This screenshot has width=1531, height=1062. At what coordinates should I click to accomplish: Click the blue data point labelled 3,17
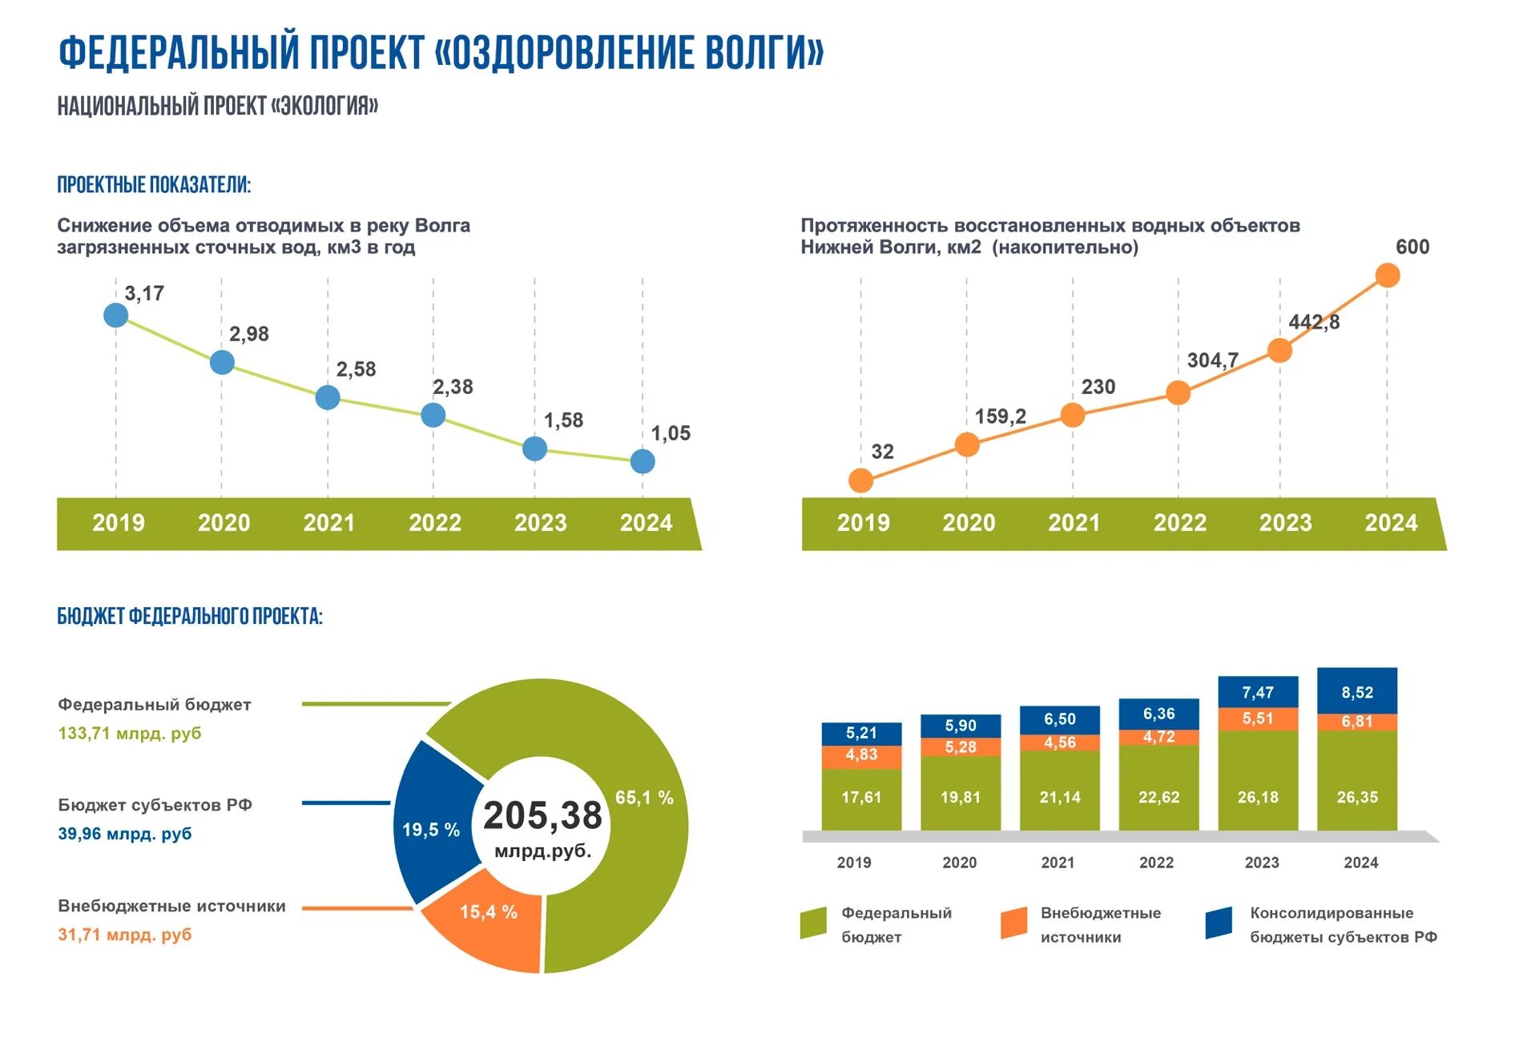click(x=115, y=315)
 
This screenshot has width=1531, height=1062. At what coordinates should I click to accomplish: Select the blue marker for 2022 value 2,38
click(x=433, y=415)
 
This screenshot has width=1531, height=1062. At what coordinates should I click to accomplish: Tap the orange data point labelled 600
click(x=1387, y=276)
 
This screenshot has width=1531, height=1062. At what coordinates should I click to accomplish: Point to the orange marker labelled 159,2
click(x=967, y=445)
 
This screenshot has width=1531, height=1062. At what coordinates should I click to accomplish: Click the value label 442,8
click(x=1313, y=322)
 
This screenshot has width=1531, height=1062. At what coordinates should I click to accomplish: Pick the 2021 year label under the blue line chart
click(x=328, y=523)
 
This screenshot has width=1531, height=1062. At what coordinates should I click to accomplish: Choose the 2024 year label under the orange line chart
click(x=1391, y=523)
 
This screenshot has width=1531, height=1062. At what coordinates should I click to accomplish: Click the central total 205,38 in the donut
click(x=542, y=815)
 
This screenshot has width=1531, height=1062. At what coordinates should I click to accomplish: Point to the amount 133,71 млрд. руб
click(x=130, y=733)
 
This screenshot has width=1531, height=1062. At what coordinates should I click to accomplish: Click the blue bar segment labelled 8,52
click(x=1356, y=691)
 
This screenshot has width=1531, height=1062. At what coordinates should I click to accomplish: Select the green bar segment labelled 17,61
click(x=861, y=798)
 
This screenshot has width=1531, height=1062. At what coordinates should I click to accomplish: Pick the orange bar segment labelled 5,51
click(x=1257, y=718)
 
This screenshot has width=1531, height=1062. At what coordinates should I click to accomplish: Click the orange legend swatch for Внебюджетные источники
click(x=1013, y=923)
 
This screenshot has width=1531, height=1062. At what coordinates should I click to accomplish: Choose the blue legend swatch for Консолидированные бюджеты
click(x=1218, y=923)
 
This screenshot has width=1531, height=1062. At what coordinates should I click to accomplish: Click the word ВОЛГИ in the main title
click(x=764, y=53)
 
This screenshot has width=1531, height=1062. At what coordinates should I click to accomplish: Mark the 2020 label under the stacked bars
click(x=959, y=863)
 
